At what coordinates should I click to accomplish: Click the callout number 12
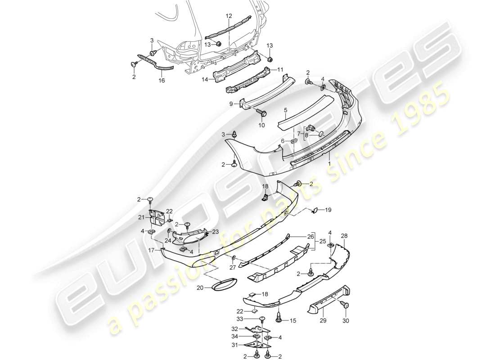tap(229, 16)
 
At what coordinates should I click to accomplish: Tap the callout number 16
tap(162, 81)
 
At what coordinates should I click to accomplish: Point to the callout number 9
tap(231, 103)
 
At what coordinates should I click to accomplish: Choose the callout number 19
tap(328, 209)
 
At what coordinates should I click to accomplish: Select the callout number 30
tap(346, 321)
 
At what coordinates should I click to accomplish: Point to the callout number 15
tap(293, 320)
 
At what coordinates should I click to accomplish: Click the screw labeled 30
tap(346, 305)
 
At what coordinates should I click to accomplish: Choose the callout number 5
tap(284, 109)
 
